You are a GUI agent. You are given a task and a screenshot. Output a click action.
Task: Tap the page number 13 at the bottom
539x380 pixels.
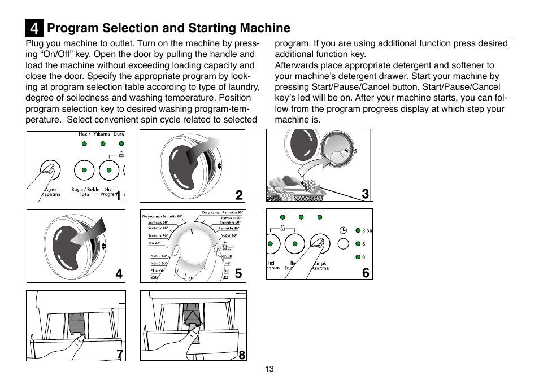[269, 369]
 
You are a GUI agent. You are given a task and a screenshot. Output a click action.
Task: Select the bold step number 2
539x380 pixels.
[239, 195]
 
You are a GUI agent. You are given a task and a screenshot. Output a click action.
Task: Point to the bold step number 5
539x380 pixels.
[239, 274]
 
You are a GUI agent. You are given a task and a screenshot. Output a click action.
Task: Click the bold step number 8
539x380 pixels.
[241, 355]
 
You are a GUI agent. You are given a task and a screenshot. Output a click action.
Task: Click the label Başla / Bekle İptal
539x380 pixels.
[85, 192]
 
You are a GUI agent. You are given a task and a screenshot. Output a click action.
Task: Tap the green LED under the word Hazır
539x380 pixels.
[84, 144]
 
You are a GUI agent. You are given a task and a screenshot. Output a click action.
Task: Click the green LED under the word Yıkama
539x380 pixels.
[102, 144]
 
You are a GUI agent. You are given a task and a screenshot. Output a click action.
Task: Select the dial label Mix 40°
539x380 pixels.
[154, 243]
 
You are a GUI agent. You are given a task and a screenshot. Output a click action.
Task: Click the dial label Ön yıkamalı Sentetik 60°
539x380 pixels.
[163, 217]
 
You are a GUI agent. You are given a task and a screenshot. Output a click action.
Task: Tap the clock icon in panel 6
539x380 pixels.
[343, 230]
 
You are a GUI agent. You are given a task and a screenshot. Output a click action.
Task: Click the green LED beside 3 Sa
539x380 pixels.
[357, 230]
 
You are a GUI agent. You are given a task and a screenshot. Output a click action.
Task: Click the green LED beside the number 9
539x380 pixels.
[357, 257]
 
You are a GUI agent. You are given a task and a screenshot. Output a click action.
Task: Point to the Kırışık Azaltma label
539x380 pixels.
[320, 265]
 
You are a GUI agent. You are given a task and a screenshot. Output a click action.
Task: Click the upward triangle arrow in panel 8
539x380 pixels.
[193, 318]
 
